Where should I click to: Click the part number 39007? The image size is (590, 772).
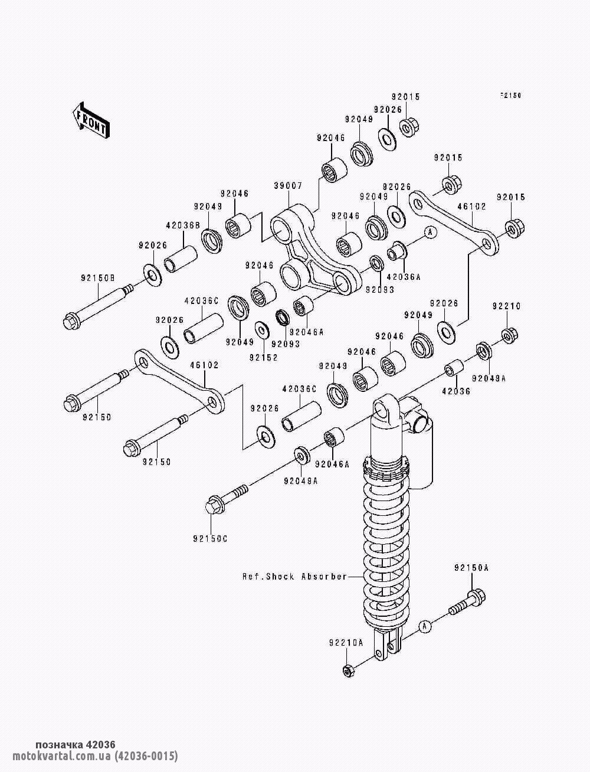tap(288, 185)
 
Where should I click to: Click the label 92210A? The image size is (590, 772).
tap(346, 642)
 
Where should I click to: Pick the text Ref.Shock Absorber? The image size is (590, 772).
tap(294, 576)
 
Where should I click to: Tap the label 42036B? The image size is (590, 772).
tap(183, 225)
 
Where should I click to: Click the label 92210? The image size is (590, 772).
tap(506, 306)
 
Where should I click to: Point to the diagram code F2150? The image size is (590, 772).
tap(511, 94)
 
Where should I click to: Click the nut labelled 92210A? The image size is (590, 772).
tap(348, 670)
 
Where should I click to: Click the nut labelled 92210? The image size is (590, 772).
tap(509, 335)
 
